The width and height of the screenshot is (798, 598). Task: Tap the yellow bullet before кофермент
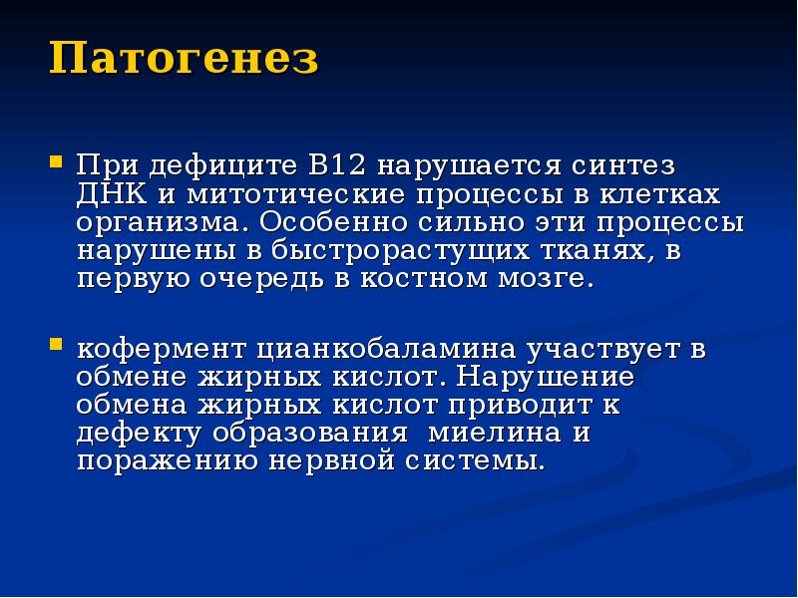point(58,346)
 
